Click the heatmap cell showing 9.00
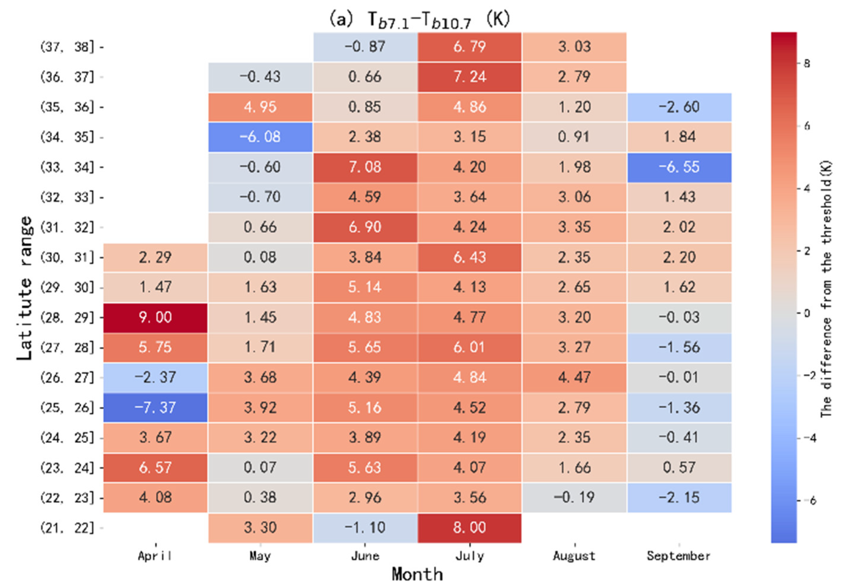tap(155, 317)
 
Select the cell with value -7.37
tap(155, 407)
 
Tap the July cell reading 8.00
tap(469, 527)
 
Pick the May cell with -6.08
tap(260, 137)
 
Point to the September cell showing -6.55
tap(679, 167)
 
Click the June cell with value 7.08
tap(365, 167)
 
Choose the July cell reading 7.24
tap(469, 77)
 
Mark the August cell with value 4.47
tap(574, 377)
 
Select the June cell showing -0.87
tap(365, 47)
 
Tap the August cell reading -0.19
tap(574, 498)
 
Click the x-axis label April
tap(155, 556)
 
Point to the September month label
tap(679, 556)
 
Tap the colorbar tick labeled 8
tap(807, 63)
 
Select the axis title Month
tap(417, 574)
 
